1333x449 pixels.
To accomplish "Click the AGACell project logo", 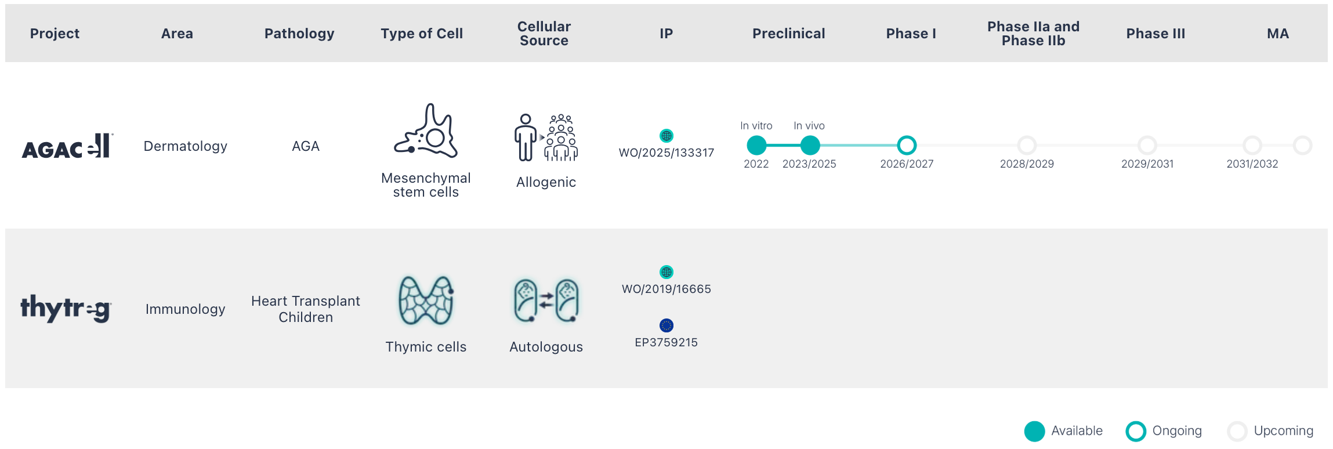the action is pos(67,146).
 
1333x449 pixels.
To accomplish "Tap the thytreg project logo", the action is pos(66,308).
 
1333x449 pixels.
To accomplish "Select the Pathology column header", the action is pos(299,34).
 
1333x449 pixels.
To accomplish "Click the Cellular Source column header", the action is pos(544,34).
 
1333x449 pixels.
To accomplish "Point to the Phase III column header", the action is pos(1155,34).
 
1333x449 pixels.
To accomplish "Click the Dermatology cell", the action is pos(186,146).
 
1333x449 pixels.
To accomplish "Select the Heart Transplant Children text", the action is pos(306,309).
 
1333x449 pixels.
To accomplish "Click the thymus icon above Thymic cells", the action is pos(426,300).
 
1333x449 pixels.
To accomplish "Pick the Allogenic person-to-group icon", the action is pos(546,137).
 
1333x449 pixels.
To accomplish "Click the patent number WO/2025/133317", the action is pos(666,153).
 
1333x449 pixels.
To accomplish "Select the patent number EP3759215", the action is pos(666,342).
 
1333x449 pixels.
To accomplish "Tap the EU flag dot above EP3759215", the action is pos(666,325).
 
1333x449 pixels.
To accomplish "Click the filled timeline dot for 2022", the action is pos(756,145).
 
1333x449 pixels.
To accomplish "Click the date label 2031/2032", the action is pos(1252,164).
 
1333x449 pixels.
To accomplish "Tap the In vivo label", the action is pos(809,126).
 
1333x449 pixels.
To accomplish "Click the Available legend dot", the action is pos(1035,432).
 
